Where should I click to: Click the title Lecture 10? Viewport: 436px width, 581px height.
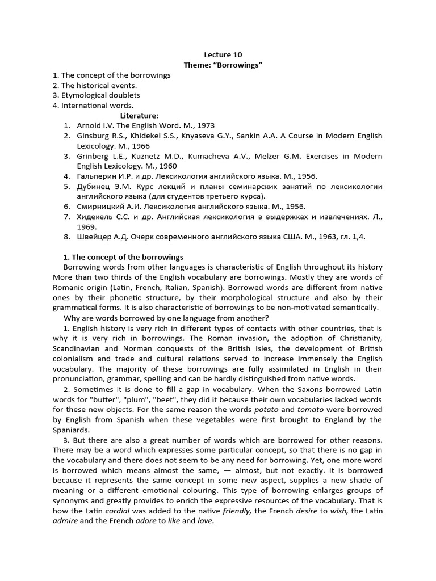pos(223,54)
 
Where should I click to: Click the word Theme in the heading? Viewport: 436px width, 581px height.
pos(196,65)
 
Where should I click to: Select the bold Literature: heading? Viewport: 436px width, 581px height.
pos(140,115)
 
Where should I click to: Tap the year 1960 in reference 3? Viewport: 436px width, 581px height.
pos(167,166)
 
